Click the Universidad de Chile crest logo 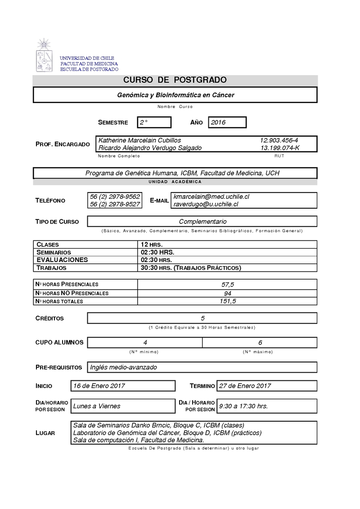pos(45,56)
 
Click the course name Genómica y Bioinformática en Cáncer pos(175,95)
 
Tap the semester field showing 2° pos(144,122)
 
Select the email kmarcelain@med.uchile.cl pos(211,197)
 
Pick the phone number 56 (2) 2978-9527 pos(115,204)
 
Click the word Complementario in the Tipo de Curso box pos(202,222)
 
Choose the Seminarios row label pos(54,253)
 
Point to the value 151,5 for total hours pos(228,301)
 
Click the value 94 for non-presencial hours pos(227,293)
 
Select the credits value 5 pos(202,318)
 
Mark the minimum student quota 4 pos(145,343)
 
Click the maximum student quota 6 pos(260,343)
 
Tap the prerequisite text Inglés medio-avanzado pos(124,367)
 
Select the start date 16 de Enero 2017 pos(99,386)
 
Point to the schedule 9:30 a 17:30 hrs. pos(243,406)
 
